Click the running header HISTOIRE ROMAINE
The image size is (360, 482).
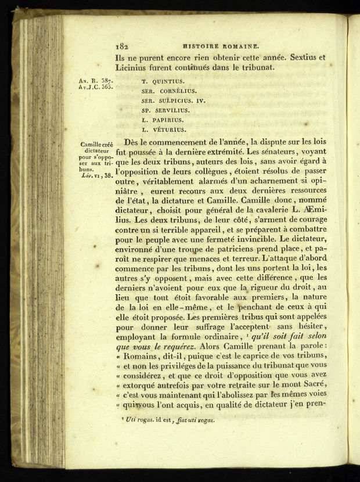pos(220,48)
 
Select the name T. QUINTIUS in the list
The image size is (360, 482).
pos(163,82)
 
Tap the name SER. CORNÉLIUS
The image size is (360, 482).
pos(169,91)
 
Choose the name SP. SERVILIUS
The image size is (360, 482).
pos(165,110)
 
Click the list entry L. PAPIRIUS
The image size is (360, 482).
pos(163,120)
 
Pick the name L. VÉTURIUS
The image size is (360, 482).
pos(164,130)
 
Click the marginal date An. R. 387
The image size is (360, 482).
pos(95,81)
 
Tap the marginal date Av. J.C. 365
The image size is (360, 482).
pos(95,88)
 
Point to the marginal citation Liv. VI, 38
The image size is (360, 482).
pos(96,174)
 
